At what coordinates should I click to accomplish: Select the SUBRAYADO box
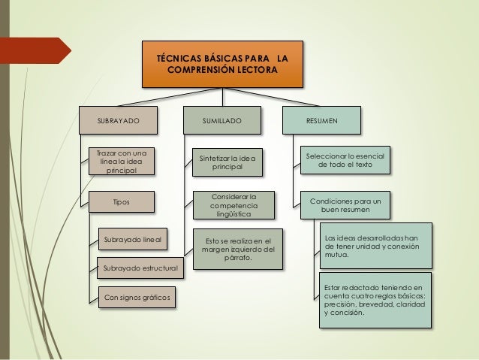(x=119, y=120)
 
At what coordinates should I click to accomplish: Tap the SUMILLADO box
(x=222, y=120)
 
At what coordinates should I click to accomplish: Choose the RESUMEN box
(x=321, y=120)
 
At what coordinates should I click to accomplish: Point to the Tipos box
(x=120, y=202)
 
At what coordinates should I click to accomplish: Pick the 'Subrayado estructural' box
(x=139, y=268)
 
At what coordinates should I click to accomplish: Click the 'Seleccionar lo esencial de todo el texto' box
(x=345, y=159)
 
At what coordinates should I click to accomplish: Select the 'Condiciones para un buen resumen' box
(x=345, y=205)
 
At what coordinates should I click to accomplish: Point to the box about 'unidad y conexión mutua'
(x=375, y=247)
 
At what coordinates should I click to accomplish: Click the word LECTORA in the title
(x=254, y=71)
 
